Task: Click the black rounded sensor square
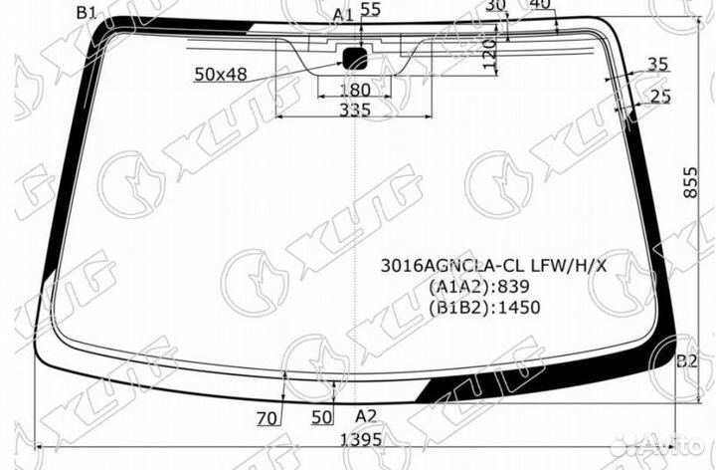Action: pos(355,58)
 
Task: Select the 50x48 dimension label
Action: pos(221,74)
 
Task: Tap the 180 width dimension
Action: pos(354,90)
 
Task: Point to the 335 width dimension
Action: pos(355,110)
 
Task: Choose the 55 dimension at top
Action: pos(370,9)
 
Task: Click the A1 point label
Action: pos(343,15)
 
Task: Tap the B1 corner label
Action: pos(87,12)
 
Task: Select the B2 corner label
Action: pos(687,361)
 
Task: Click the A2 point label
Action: pos(366,416)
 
